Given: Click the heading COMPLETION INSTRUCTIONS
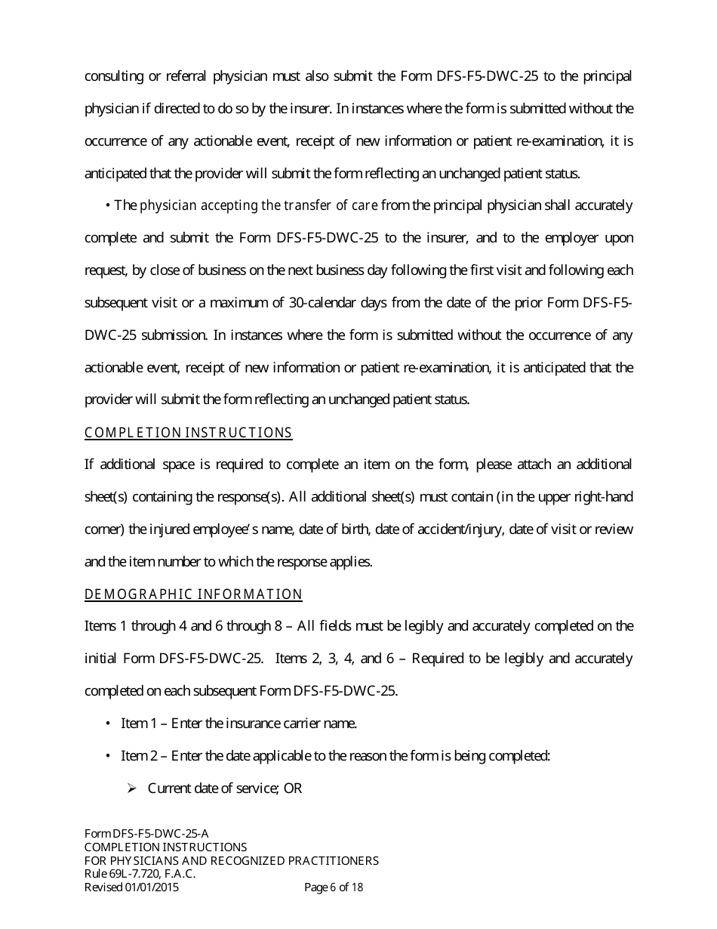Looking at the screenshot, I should click(188, 433).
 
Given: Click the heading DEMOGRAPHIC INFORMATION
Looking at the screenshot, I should click(193, 594).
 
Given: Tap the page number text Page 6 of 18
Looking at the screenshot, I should click(333, 887).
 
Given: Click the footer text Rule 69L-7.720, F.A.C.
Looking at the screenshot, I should click(140, 874).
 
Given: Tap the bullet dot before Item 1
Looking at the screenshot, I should click(109, 724).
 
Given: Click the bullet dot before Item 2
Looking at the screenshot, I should click(109, 756).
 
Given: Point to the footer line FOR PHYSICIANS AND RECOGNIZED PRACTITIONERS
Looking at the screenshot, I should click(231, 860).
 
